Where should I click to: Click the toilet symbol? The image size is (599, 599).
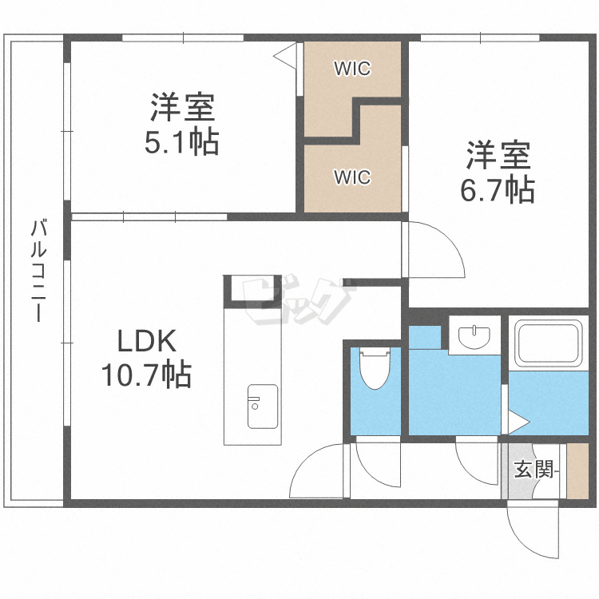374,367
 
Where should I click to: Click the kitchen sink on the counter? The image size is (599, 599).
262,406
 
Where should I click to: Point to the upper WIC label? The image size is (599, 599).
352,69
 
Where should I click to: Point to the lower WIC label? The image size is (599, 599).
352,177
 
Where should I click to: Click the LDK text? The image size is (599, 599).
146,342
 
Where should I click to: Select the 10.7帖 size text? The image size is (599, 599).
146,374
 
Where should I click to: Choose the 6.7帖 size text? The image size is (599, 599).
498,190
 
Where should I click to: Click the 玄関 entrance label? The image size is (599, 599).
534,470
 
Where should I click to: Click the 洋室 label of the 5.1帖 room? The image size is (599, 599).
181,108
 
